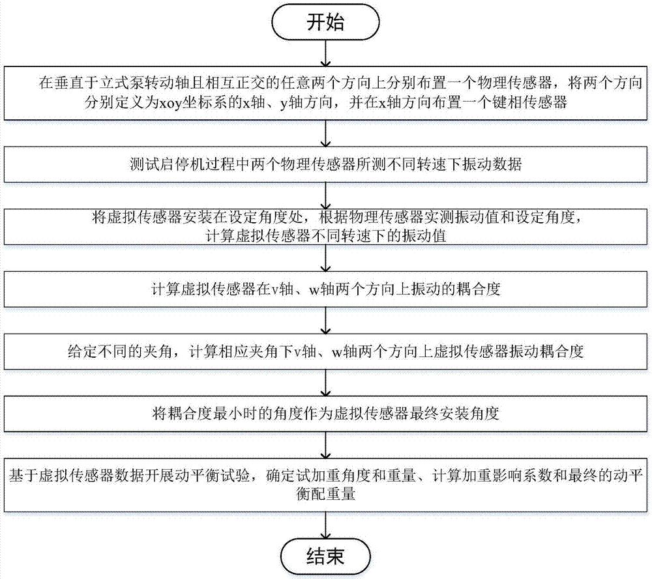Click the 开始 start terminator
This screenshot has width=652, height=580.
click(x=325, y=23)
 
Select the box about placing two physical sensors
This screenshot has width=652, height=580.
click(x=325, y=94)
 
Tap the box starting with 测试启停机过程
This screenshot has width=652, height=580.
click(x=325, y=165)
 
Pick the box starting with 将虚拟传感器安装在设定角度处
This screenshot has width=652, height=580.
click(x=325, y=227)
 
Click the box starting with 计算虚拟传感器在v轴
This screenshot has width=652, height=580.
click(x=325, y=289)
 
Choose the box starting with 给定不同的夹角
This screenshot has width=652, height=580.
click(x=325, y=351)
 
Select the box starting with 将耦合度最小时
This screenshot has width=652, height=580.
click(x=325, y=414)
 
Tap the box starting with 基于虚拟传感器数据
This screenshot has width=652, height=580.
click(x=325, y=485)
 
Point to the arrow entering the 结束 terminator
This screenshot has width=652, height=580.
click(x=325, y=525)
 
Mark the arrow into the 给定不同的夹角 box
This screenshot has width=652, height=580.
click(x=325, y=320)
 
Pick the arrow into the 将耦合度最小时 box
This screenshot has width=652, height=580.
click(x=325, y=383)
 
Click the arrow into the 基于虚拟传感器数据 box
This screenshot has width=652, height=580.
click(x=325, y=446)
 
